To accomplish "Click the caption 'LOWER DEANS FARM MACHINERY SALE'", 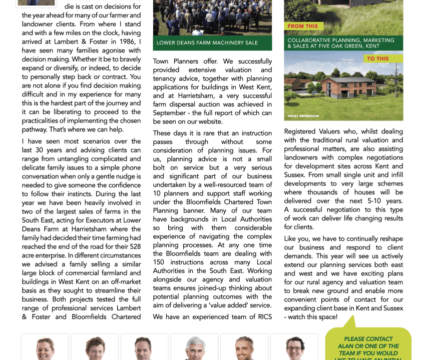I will (x=207, y=43).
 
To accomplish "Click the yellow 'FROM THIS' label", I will (x=303, y=26).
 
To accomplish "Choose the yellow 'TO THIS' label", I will (x=377, y=58).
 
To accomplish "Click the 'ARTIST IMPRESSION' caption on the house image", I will (x=303, y=116).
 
